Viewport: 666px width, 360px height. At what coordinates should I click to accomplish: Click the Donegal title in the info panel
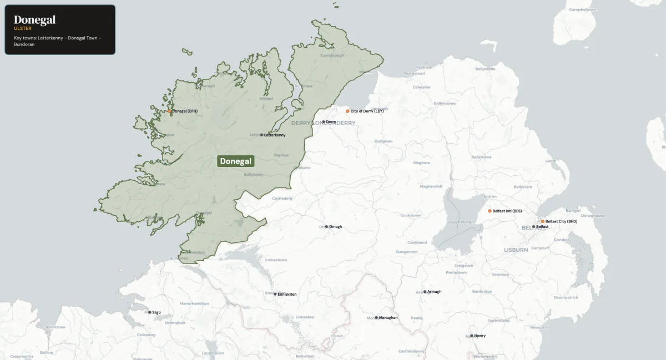click(x=34, y=20)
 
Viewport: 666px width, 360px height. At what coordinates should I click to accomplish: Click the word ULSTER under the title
click(x=23, y=28)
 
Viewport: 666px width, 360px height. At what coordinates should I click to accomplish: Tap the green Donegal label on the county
click(x=236, y=161)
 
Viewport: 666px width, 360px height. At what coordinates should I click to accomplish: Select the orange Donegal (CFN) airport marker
click(x=170, y=111)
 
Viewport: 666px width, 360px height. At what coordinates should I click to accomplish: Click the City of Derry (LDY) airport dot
click(x=348, y=111)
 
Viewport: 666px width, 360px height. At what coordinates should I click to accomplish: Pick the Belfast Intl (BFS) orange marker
click(x=490, y=211)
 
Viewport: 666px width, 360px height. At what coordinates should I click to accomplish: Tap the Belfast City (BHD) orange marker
click(x=543, y=221)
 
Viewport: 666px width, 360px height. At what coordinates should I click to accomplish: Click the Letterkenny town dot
click(x=261, y=135)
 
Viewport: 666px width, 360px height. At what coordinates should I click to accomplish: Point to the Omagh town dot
click(x=326, y=226)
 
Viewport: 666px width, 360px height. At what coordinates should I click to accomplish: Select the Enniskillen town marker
click(x=276, y=294)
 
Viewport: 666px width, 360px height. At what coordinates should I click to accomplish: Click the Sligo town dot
click(x=149, y=312)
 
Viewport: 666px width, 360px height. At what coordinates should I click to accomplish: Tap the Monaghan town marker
click(x=376, y=317)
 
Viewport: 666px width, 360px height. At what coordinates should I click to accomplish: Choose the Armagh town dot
click(x=425, y=291)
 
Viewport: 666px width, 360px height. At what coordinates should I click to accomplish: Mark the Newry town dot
click(x=471, y=336)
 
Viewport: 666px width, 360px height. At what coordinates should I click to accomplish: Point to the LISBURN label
click(x=516, y=250)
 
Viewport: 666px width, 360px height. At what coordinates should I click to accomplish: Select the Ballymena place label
click(x=481, y=157)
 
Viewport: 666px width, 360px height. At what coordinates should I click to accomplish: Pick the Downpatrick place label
click(x=566, y=297)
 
